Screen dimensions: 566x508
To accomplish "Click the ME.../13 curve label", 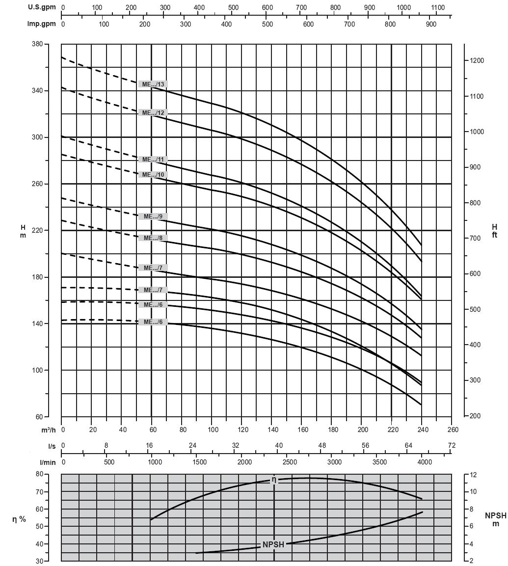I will [x=153, y=84].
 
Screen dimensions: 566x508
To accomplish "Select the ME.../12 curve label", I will [x=153, y=113].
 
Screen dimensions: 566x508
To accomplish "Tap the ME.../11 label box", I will [x=153, y=160].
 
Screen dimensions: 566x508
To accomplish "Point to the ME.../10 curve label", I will [x=153, y=175].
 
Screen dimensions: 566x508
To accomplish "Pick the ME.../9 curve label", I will [x=153, y=216].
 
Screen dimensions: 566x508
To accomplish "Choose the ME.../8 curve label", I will [x=153, y=238].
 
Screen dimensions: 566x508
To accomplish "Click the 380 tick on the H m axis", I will [x=51, y=44].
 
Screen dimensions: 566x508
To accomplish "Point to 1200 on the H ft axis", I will [x=478, y=61].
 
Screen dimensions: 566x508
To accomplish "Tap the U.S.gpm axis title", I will [x=41, y=8].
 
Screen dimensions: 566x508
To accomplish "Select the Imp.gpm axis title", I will [x=41, y=24].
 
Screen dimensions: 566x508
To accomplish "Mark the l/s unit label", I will [x=52, y=446].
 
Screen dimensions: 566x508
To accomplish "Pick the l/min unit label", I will [x=50, y=462].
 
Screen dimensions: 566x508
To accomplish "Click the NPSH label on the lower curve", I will [x=273, y=544].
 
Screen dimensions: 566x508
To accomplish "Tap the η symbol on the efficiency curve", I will [x=274, y=480].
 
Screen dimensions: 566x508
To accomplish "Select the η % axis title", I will [x=19, y=519].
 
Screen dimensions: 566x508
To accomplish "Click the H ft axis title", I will [x=494, y=231].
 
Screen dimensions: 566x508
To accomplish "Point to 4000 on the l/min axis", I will [x=425, y=462].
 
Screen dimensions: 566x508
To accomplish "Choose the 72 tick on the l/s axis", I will [x=452, y=446].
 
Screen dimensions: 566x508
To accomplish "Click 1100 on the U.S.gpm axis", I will [x=438, y=8].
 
